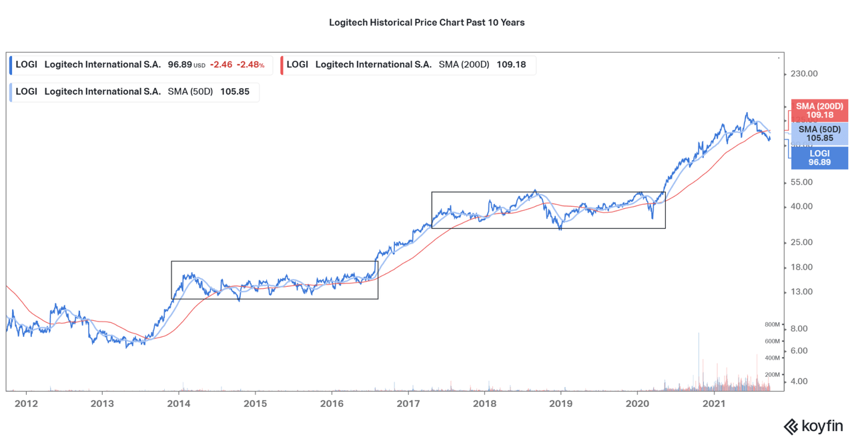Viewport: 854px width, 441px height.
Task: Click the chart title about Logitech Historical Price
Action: pos(426,23)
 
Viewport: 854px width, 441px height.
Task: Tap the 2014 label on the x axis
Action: pos(178,404)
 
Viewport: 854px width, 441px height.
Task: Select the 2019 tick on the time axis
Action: pos(561,404)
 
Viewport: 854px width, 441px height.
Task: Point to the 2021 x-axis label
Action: pos(714,404)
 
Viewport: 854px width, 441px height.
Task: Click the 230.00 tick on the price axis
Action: pos(803,74)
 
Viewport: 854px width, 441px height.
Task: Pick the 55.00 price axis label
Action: pos(801,182)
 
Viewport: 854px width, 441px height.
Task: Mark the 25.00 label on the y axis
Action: pos(801,242)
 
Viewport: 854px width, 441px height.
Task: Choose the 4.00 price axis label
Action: pos(799,382)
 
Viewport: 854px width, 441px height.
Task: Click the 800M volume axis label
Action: pos(772,325)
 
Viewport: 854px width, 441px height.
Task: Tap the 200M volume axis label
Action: pos(772,375)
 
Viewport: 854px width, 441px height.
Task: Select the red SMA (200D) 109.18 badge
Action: pos(819,111)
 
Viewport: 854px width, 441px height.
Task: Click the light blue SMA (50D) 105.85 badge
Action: pos(819,133)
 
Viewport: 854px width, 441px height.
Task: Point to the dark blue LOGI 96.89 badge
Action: pos(819,157)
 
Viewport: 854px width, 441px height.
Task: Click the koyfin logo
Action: pos(813,426)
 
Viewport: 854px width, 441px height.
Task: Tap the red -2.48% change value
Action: pos(250,65)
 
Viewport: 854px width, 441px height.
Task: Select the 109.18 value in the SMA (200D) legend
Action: pos(511,65)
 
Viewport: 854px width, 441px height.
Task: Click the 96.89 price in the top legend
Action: pos(179,65)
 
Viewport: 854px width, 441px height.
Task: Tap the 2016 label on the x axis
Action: pos(332,404)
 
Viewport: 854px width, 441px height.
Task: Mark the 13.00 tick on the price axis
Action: pos(801,292)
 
